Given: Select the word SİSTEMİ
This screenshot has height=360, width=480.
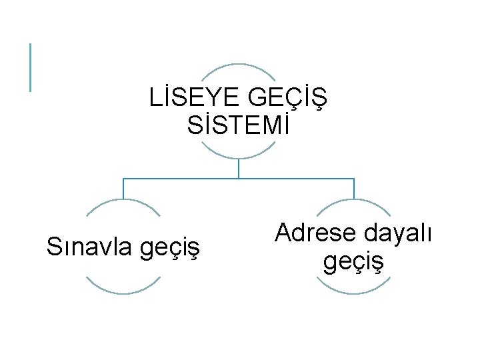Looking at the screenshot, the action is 239,125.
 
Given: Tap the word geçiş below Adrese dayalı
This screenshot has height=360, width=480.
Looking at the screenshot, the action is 353,261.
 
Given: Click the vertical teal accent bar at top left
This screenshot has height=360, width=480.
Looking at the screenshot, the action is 30,67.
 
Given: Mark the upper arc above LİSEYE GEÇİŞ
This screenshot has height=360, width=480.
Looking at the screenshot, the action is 239,65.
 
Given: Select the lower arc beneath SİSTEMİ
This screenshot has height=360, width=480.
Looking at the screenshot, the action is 239,157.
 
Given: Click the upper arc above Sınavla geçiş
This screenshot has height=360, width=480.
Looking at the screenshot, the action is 123,200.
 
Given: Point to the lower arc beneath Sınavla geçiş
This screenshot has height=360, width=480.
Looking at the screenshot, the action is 123,293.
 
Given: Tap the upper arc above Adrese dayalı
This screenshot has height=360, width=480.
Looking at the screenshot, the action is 353,200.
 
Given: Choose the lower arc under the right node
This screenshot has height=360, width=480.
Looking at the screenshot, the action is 353,293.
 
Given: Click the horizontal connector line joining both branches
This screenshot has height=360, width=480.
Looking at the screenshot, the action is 180,179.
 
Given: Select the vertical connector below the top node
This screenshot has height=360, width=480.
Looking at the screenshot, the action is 239,169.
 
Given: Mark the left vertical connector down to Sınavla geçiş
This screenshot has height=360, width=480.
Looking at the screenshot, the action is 123,189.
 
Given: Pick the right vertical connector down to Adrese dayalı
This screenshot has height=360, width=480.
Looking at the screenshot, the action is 353,189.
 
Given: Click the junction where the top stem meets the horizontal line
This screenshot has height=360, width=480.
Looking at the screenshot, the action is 239,179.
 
